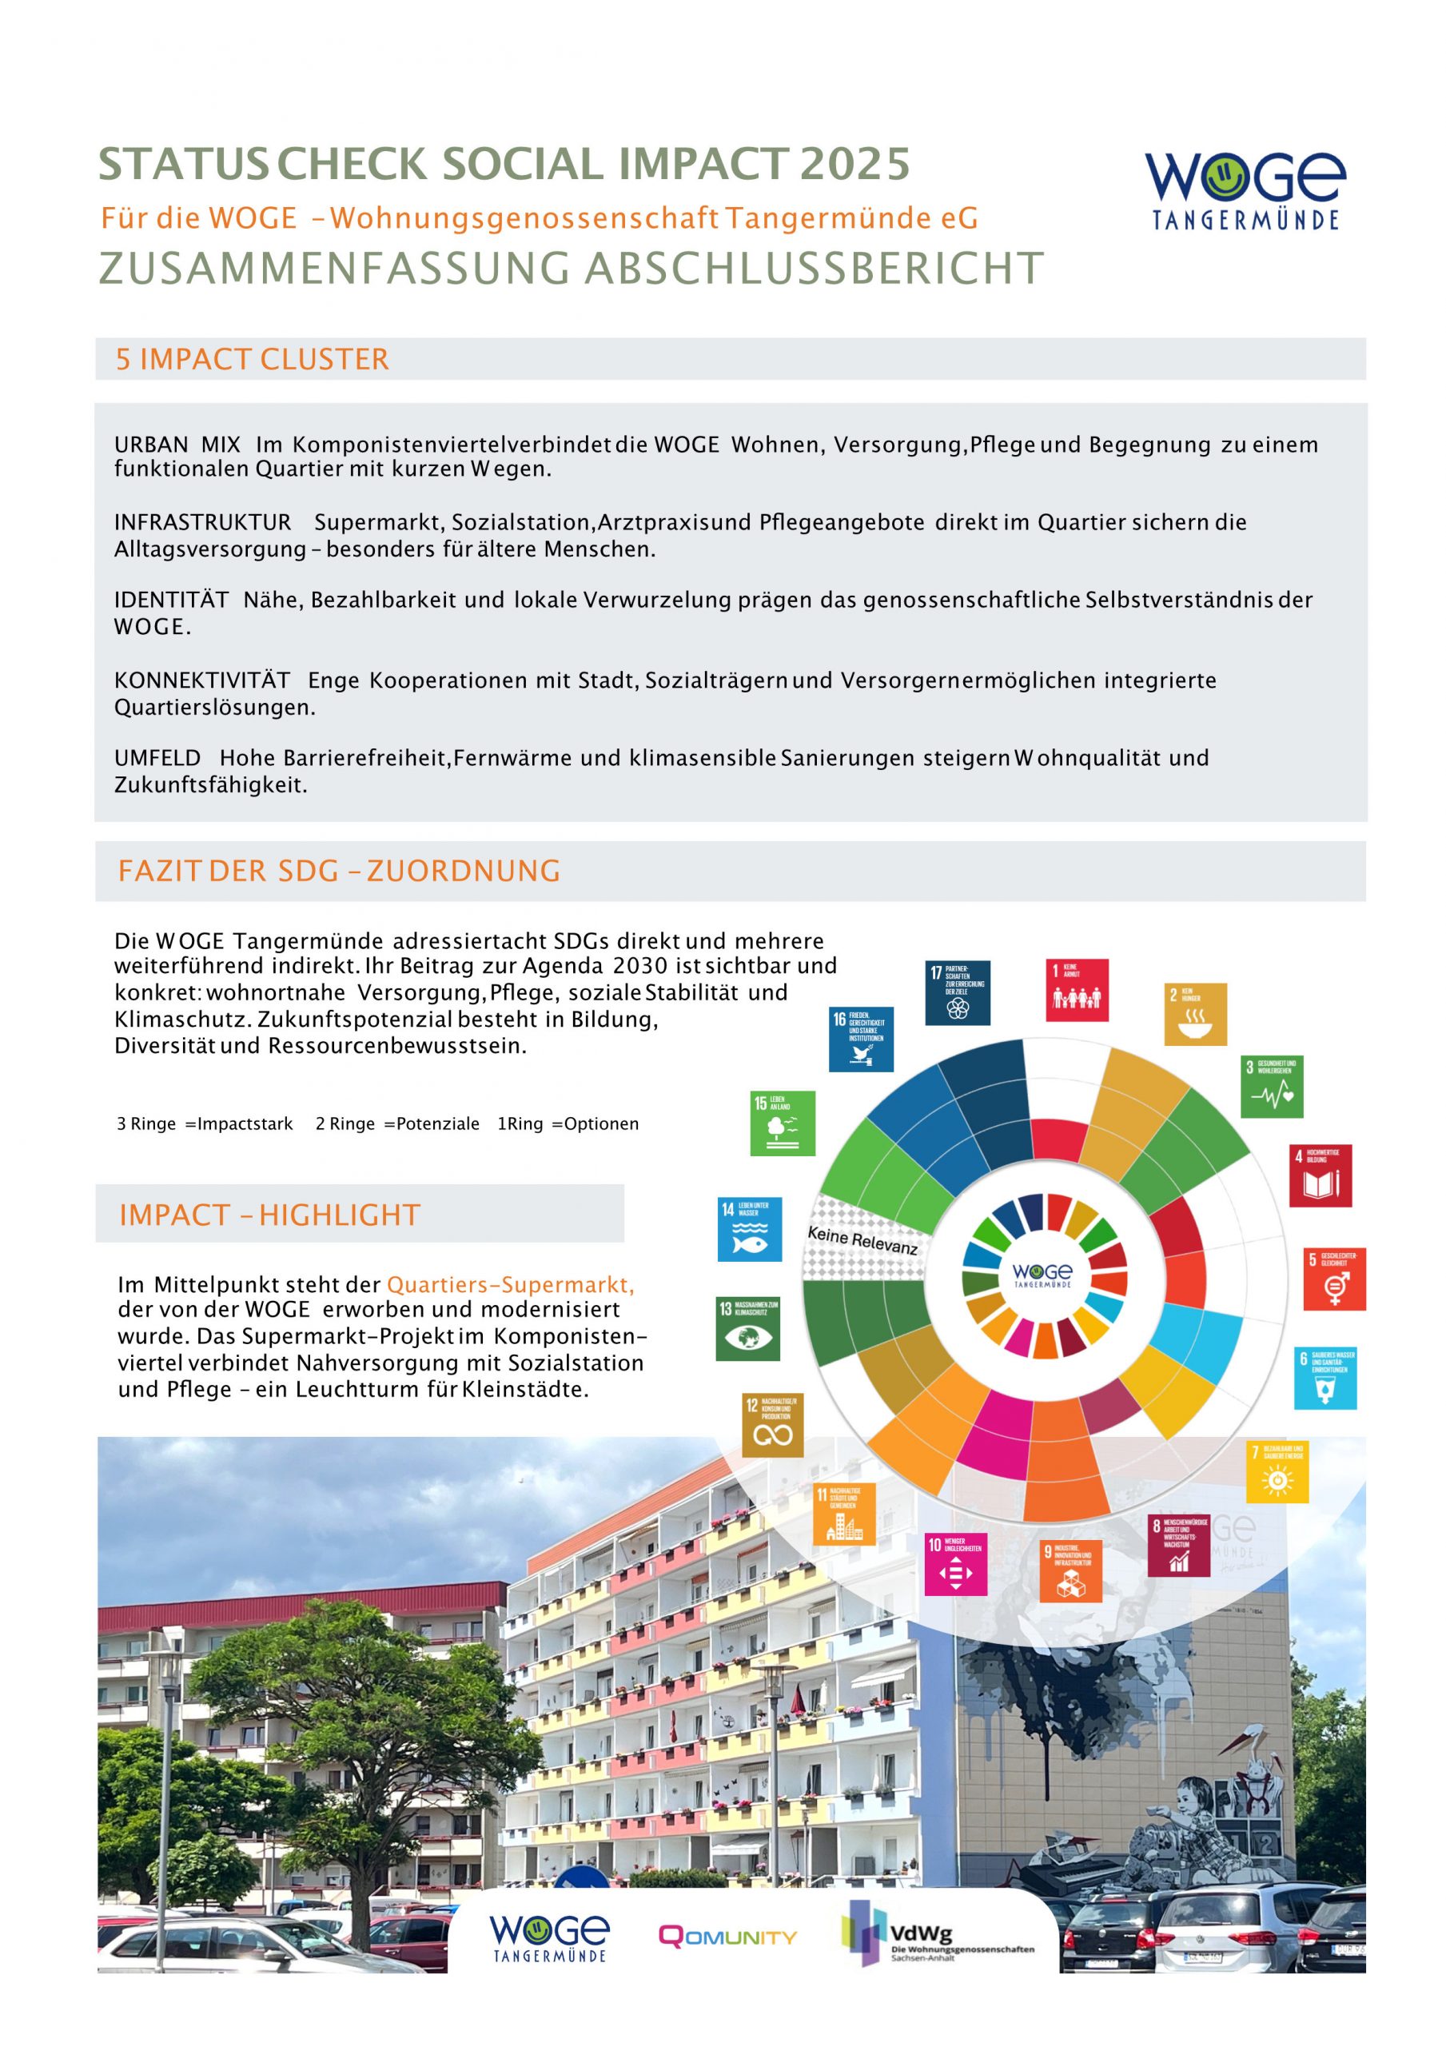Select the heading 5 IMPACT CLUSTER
(x=253, y=359)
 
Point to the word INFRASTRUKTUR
(x=202, y=522)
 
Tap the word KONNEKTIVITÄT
(x=202, y=681)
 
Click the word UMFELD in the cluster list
(x=157, y=759)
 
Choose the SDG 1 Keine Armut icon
(x=1077, y=991)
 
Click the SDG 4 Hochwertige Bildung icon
(x=1321, y=1176)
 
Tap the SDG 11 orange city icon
(x=843, y=1514)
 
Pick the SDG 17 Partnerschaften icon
(x=958, y=992)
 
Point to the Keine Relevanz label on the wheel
(x=862, y=1240)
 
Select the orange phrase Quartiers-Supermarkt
(x=509, y=1285)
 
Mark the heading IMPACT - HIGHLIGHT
(x=269, y=1215)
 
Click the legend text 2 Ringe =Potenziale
(x=396, y=1124)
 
